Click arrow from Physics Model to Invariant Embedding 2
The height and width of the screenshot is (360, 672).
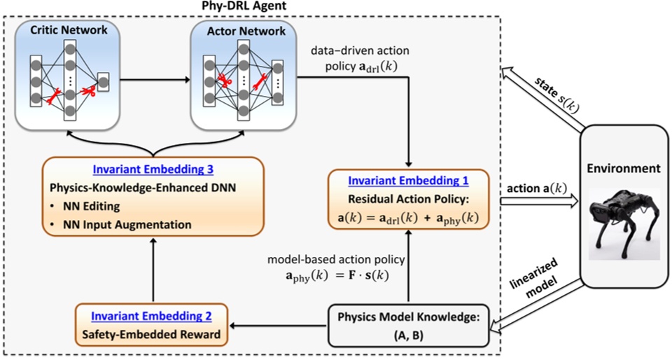(281, 325)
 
